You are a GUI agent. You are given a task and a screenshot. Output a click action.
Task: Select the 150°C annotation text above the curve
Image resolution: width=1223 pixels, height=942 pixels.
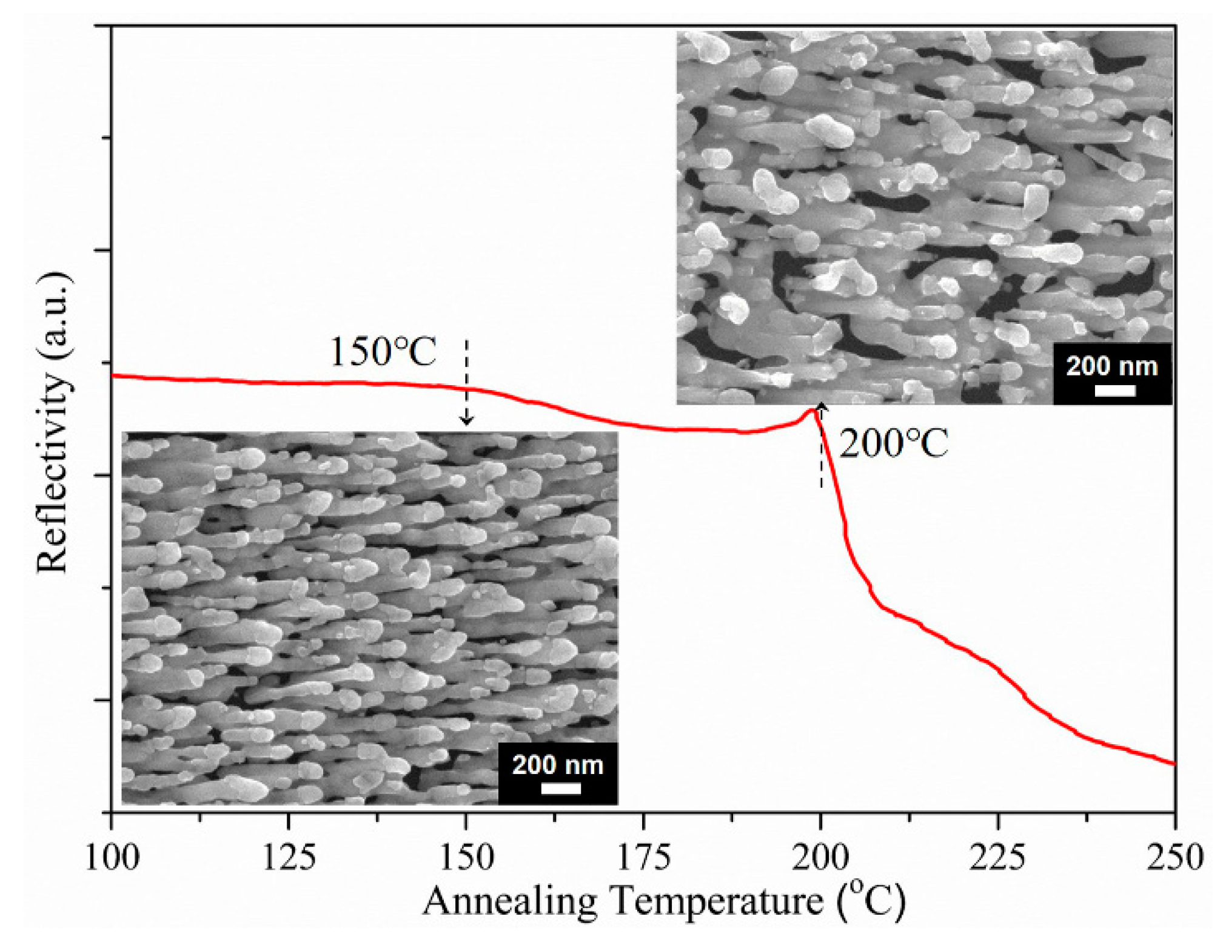(383, 351)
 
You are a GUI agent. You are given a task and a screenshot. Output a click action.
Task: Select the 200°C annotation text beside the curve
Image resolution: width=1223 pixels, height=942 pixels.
(893, 443)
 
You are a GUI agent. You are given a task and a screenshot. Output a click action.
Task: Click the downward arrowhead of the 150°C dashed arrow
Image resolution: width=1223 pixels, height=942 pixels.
(466, 420)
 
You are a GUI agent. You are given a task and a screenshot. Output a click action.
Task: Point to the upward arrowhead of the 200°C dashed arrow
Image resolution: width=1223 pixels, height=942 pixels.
(821, 405)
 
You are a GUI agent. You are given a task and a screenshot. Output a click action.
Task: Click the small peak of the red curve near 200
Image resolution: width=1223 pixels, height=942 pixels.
(812, 411)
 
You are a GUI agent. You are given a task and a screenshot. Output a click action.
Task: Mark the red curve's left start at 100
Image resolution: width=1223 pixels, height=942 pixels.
(114, 376)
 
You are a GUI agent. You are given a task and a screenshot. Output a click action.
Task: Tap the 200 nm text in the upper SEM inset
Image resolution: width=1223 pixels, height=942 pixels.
(1111, 366)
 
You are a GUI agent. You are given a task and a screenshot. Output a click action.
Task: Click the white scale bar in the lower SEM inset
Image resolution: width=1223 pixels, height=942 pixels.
(560, 788)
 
